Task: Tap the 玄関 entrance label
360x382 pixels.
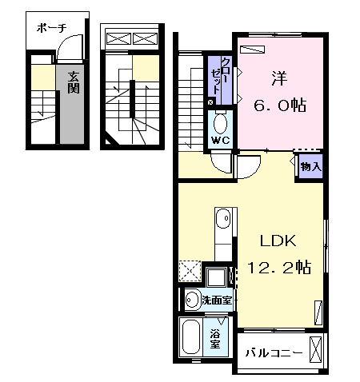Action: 73,82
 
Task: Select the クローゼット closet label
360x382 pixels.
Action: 225,75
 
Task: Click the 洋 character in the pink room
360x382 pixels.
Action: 278,78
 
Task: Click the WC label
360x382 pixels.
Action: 220,141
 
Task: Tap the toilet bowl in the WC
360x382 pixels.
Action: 220,123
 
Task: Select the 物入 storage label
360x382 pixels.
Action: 310,167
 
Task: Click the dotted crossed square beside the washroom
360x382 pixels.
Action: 190,272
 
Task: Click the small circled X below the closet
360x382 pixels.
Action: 210,102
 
